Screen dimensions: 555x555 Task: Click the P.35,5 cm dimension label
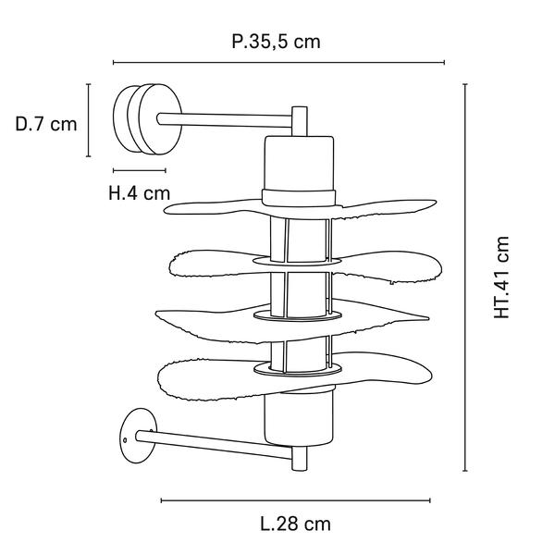pyautogui.click(x=276, y=43)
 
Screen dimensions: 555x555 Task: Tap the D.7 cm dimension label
pyautogui.click(x=46, y=124)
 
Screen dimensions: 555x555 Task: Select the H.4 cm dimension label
pyautogui.click(x=139, y=193)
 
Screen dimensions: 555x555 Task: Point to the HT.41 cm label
pyautogui.click(x=501, y=277)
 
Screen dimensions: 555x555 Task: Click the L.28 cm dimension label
pyautogui.click(x=296, y=524)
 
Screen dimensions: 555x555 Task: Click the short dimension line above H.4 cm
pyautogui.click(x=140, y=170)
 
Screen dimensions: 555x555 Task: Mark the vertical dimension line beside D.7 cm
pyautogui.click(x=89, y=120)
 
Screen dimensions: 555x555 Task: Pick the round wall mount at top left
pyautogui.click(x=148, y=119)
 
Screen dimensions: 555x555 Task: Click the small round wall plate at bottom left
pyautogui.click(x=138, y=436)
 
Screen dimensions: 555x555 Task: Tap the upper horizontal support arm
pyautogui.click(x=225, y=120)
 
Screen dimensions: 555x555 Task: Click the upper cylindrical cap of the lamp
pyautogui.click(x=299, y=171)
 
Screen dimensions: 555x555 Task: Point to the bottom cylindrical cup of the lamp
pyautogui.click(x=299, y=418)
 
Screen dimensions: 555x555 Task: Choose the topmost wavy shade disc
pyautogui.click(x=300, y=209)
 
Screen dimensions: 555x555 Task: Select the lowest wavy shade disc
pyautogui.click(x=295, y=378)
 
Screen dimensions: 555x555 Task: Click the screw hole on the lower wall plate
pyautogui.click(x=125, y=440)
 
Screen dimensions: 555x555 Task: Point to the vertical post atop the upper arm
pyautogui.click(x=300, y=121)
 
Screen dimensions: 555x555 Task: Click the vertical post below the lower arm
pyautogui.click(x=300, y=459)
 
